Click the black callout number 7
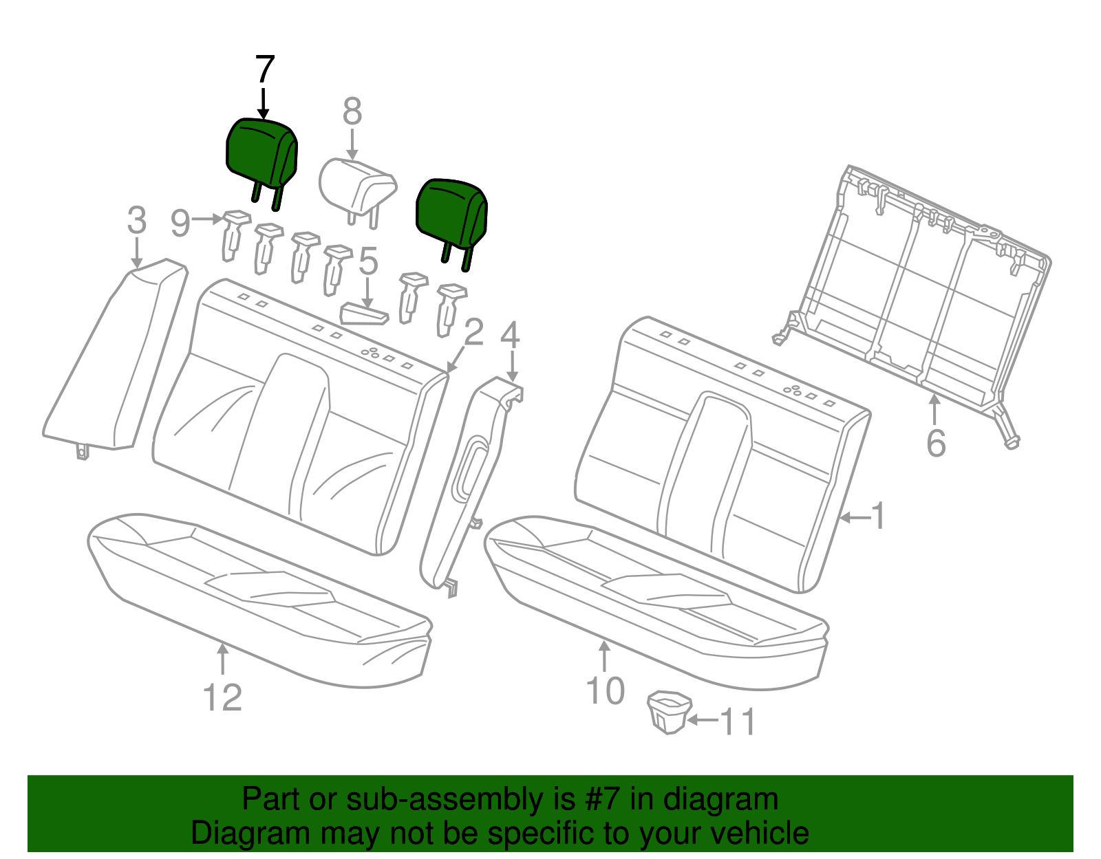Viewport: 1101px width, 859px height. (x=265, y=70)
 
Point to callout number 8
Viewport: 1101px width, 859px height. (x=352, y=111)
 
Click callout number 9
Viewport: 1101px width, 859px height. (x=180, y=223)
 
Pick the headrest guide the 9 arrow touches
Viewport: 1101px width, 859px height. (x=233, y=235)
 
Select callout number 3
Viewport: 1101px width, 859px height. (x=137, y=221)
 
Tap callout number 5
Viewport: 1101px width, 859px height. (x=369, y=262)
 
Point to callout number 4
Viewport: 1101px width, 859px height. (x=510, y=336)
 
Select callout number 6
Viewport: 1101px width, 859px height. (x=936, y=444)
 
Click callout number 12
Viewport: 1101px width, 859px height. (x=223, y=698)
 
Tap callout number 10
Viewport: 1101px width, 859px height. (x=605, y=691)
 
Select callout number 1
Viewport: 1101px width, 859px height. (x=878, y=516)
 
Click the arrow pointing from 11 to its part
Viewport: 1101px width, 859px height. (x=703, y=720)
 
